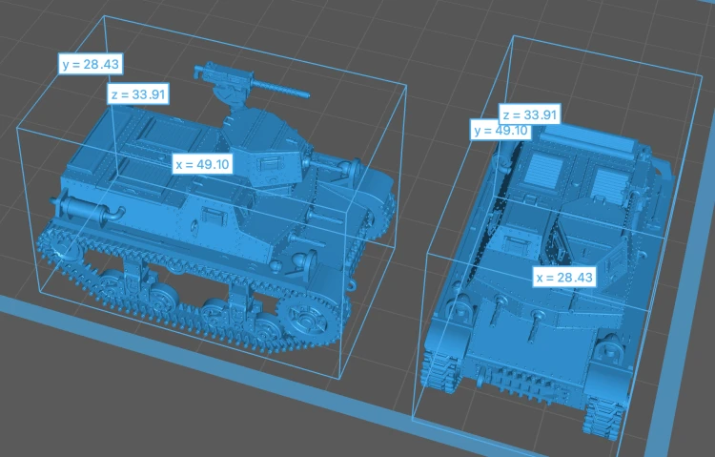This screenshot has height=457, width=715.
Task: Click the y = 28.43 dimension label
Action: point(91,64)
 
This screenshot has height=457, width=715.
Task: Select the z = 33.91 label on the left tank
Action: point(138,94)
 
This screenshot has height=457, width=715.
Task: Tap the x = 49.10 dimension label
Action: point(202,164)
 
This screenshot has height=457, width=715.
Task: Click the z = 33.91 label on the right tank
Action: point(530,114)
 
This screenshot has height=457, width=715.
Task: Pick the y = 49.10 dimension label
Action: point(500,131)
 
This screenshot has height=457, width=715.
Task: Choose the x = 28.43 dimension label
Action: point(564,277)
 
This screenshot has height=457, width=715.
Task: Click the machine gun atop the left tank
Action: point(251,85)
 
